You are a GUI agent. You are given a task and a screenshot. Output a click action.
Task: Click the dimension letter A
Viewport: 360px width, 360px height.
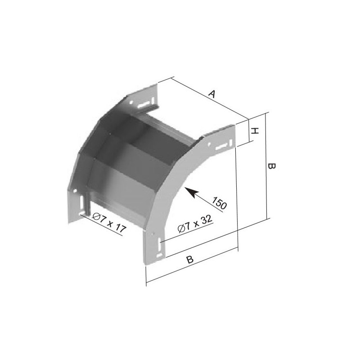(x=212, y=94)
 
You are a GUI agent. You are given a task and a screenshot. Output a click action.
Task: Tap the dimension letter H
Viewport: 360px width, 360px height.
(x=255, y=131)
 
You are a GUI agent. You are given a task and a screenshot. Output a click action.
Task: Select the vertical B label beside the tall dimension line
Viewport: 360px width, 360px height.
(x=272, y=166)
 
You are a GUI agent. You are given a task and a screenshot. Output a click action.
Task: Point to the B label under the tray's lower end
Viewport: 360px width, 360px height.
(x=190, y=260)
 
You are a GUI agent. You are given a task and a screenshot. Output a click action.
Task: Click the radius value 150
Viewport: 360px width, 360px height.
(x=220, y=203)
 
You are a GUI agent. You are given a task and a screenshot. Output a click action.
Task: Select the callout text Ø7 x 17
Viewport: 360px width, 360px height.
(x=109, y=221)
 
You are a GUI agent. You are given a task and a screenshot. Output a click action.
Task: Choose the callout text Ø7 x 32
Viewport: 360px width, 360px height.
(x=195, y=224)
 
